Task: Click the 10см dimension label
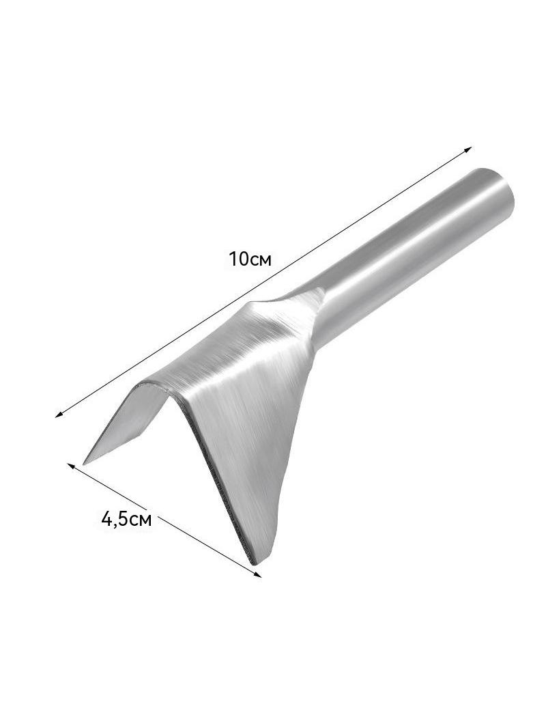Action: (x=250, y=259)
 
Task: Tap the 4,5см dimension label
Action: (x=126, y=518)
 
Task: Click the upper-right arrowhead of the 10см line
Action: (x=468, y=150)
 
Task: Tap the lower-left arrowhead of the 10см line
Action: (x=59, y=415)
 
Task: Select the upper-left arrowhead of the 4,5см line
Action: (x=72, y=466)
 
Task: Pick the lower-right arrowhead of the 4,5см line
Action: (x=257, y=574)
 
